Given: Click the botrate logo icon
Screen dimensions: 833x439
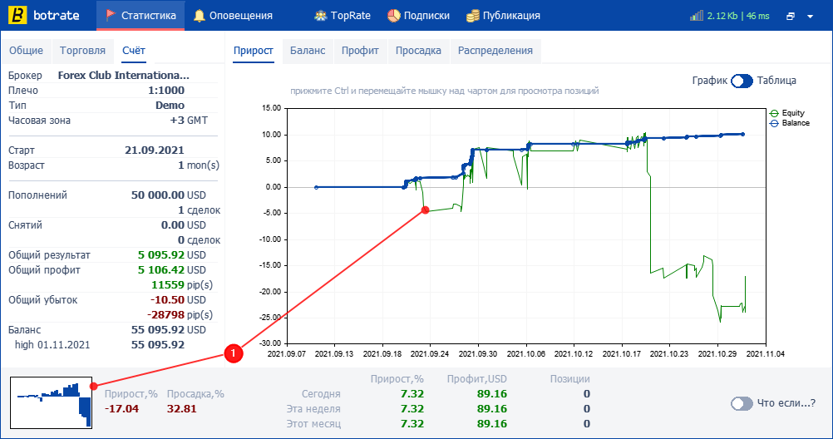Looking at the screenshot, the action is (17, 16).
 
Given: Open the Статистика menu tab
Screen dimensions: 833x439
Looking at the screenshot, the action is (140, 16).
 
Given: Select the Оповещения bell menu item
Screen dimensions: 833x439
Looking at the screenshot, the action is (233, 16).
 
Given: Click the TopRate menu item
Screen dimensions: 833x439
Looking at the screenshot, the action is (343, 16).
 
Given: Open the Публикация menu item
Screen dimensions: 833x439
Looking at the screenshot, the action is (503, 16).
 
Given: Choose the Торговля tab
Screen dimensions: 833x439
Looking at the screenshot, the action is (82, 51).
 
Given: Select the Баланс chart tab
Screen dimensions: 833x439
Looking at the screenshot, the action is (308, 51).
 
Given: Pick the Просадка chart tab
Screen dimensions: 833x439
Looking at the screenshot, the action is (418, 51).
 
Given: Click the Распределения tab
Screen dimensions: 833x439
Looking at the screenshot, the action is (495, 51).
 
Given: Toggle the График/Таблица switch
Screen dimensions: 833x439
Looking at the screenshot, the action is (742, 81).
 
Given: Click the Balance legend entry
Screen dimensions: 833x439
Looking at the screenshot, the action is (790, 123).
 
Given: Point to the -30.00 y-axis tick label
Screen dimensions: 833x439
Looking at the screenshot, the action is (270, 343).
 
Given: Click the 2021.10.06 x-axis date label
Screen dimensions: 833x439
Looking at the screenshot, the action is (526, 353).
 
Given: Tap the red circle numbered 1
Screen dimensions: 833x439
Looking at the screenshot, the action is (234, 353).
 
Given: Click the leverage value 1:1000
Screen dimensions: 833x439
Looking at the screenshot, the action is (165, 91).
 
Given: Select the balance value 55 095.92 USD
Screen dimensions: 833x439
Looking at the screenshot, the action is (169, 329).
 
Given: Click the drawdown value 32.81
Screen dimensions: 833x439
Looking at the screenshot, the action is (182, 409).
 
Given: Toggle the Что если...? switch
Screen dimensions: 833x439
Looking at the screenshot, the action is (742, 403).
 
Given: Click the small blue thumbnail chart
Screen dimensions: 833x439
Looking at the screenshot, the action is (51, 403).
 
